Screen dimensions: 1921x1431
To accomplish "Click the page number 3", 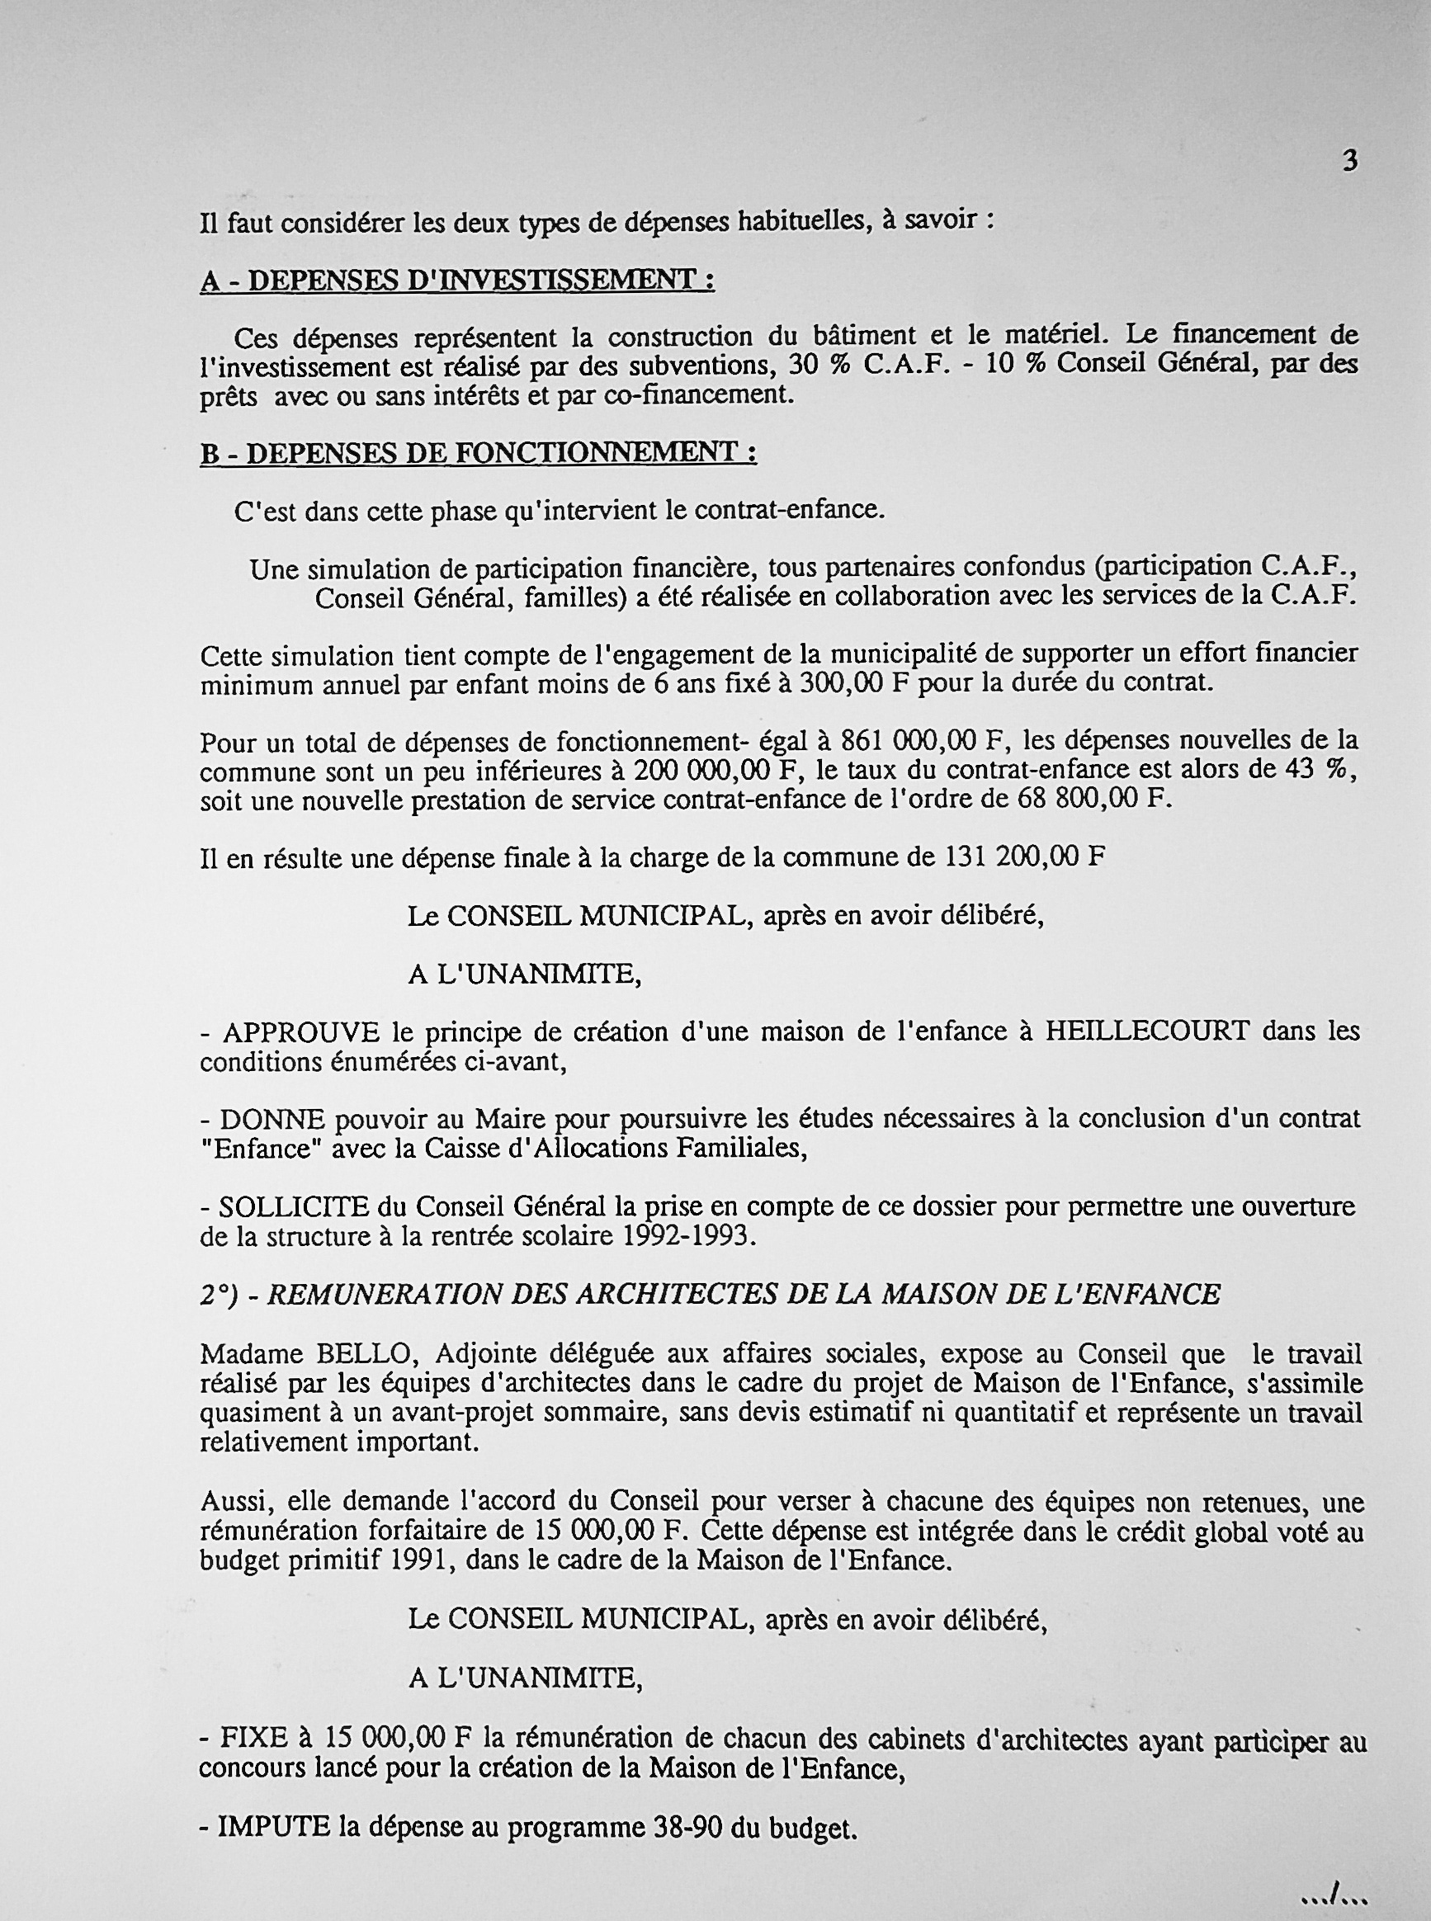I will (1348, 161).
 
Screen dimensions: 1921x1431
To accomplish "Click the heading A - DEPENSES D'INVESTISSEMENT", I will (456, 281).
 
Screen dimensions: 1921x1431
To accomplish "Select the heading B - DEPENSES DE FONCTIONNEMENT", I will (478, 453).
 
